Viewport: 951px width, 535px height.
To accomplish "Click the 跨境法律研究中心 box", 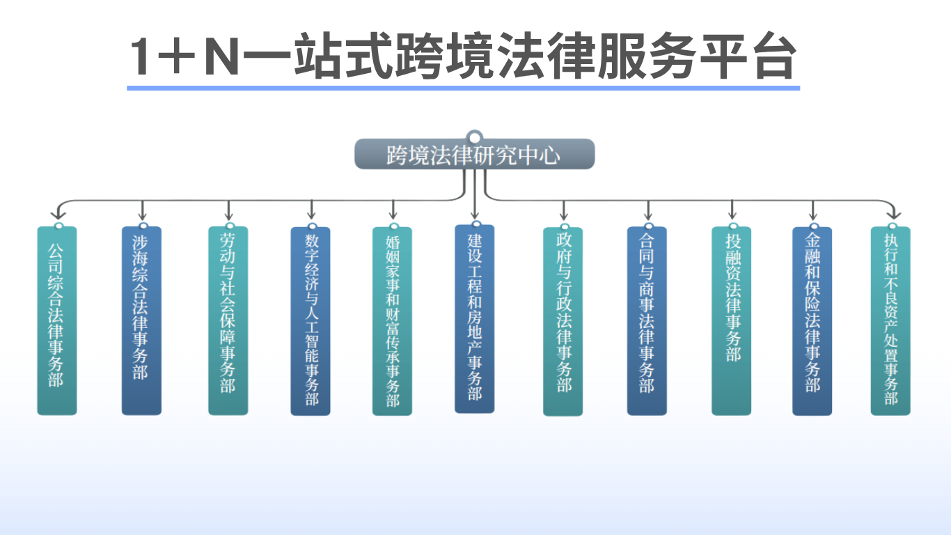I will pyautogui.click(x=474, y=154).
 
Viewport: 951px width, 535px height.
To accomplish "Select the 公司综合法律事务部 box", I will pyautogui.click(x=57, y=320).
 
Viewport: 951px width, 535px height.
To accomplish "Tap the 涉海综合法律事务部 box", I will pyautogui.click(x=141, y=320).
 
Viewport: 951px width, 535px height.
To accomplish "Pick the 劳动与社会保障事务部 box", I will pyautogui.click(x=228, y=320).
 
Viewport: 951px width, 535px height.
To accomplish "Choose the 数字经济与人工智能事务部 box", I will pyautogui.click(x=311, y=320).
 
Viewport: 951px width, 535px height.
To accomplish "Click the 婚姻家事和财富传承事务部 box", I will pyautogui.click(x=392, y=320).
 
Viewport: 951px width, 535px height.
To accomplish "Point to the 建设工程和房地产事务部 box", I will pyautogui.click(x=475, y=318).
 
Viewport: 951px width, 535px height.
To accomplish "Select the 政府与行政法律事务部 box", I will pyautogui.click(x=563, y=320).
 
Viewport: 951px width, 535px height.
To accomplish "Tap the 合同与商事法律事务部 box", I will pyautogui.click(x=647, y=320).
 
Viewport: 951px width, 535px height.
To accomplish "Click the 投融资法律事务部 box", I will pyautogui.click(x=731, y=320).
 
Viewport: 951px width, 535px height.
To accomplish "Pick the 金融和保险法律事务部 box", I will pyautogui.click(x=812, y=320).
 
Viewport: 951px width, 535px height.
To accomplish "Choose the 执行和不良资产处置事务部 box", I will pyautogui.click(x=890, y=320).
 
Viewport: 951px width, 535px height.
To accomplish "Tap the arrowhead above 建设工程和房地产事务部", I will pyautogui.click(x=475, y=215).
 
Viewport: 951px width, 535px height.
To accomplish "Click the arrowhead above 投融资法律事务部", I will pyautogui.click(x=732, y=215).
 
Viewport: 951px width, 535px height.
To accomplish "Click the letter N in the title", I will pyautogui.click(x=221, y=59).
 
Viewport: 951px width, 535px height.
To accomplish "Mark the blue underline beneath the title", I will pyautogui.click(x=463, y=88).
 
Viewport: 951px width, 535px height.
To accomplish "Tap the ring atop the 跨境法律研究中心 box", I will pyautogui.click(x=475, y=136).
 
